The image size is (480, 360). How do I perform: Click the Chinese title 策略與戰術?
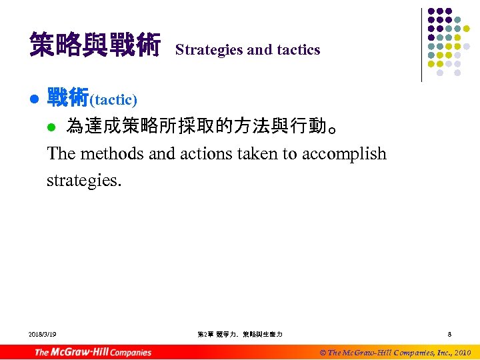[x=95, y=47]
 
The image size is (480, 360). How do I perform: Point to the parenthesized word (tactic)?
[x=113, y=100]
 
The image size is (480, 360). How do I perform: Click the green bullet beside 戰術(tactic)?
[x=34, y=100]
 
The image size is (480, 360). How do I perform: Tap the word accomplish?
[x=344, y=154]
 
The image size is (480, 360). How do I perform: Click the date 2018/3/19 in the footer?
[x=43, y=334]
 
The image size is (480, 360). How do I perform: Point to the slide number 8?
[x=450, y=334]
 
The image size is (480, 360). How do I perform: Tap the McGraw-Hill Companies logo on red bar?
[x=93, y=352]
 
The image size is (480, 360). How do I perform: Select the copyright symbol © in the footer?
[x=323, y=352]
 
